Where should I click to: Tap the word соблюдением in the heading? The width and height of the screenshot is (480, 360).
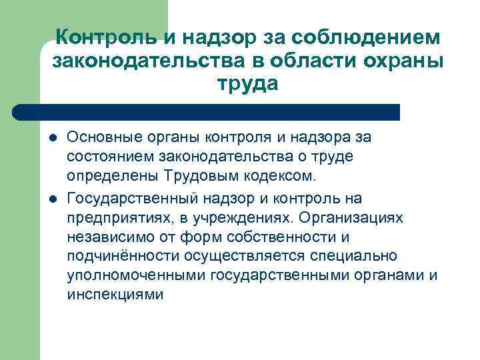375,38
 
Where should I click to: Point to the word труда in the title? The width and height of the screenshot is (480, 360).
247,85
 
